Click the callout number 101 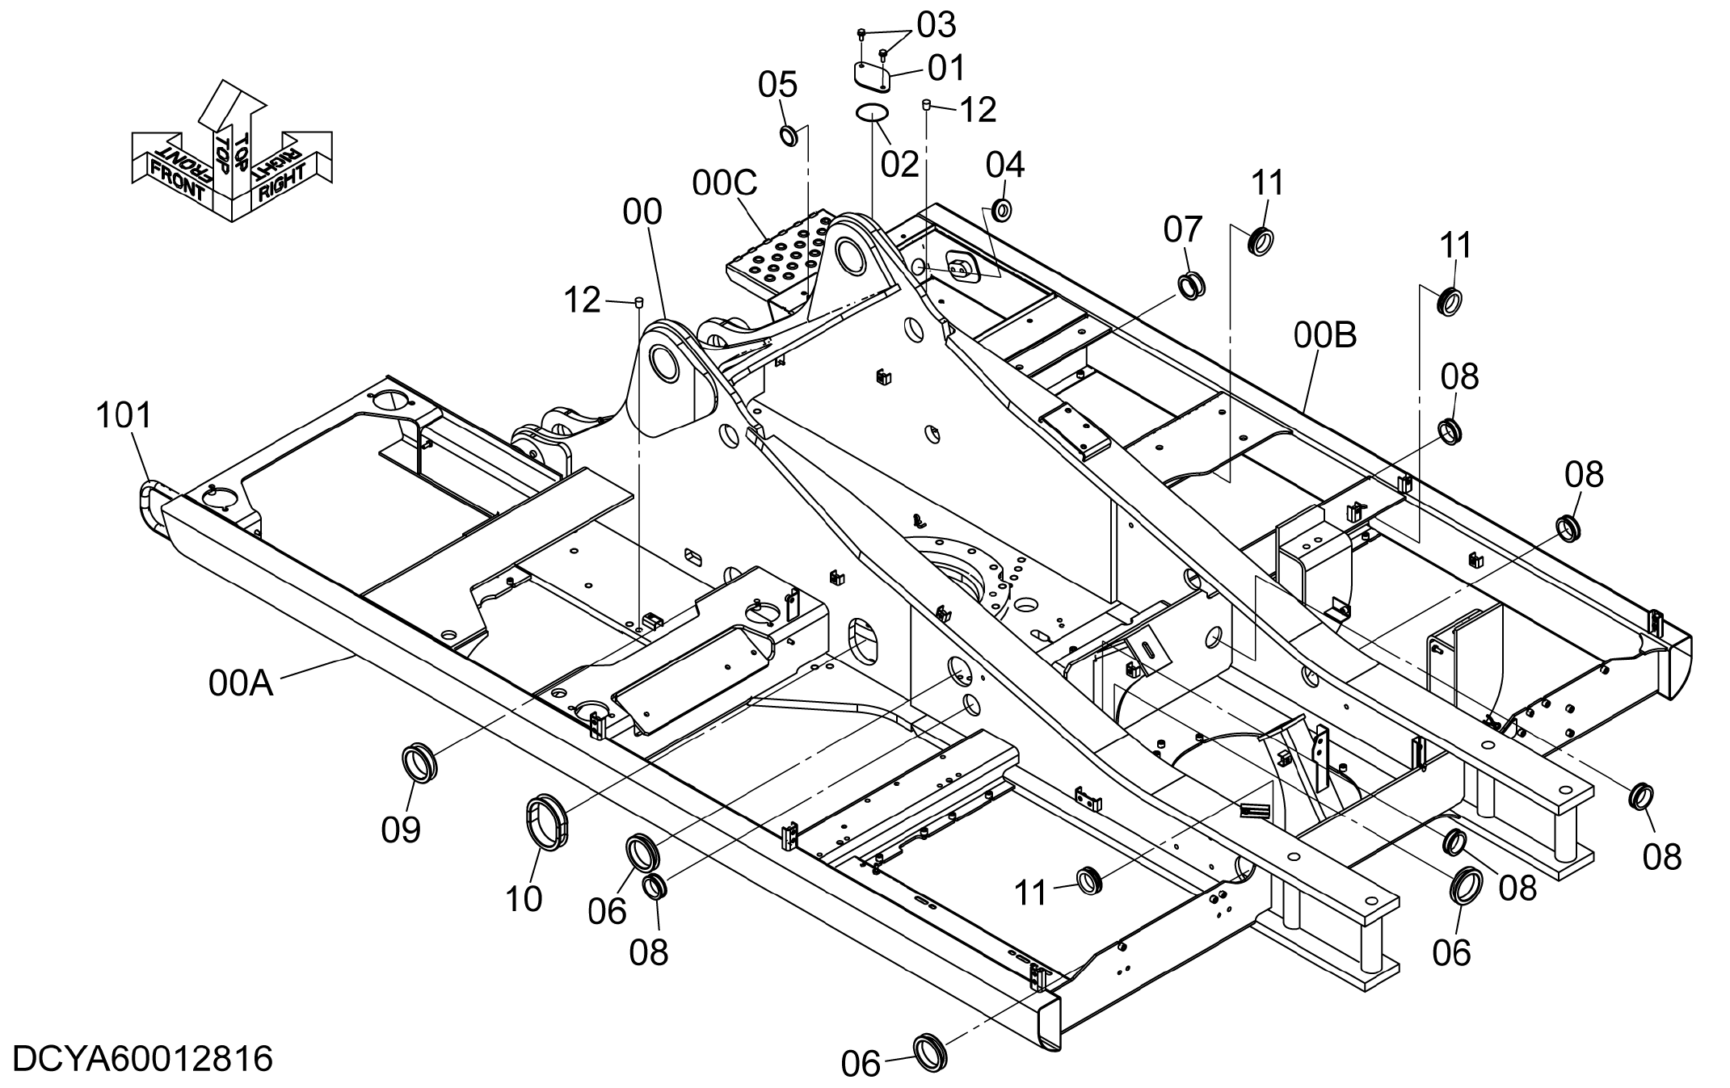point(124,416)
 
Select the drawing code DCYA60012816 point(143,1058)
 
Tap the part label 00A point(241,684)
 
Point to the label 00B point(1325,335)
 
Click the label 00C point(725,184)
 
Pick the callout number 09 point(402,830)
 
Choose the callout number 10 point(524,898)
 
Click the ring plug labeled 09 point(419,763)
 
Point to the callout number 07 point(1183,229)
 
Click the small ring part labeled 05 point(789,135)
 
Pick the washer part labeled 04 point(1002,209)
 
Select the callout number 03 point(936,25)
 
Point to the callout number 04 point(1005,165)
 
